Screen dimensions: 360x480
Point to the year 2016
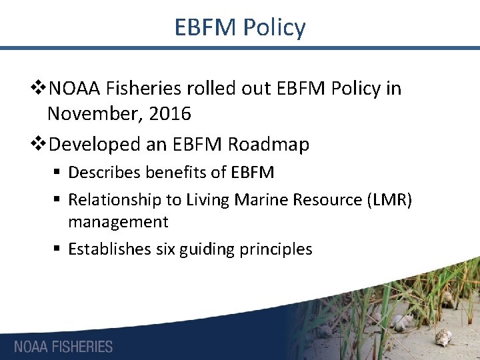pyautogui.click(x=170, y=114)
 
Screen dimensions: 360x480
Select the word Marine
pyautogui.click(x=253, y=199)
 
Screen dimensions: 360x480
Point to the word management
pyautogui.click(x=118, y=221)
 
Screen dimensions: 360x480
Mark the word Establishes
pyautogui.click(x=109, y=249)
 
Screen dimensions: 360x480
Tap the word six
pyautogui.click(x=165, y=249)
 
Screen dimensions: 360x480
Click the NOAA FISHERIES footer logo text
pyautogui.click(x=63, y=347)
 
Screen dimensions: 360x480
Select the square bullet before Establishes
pyautogui.click(x=59, y=249)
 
